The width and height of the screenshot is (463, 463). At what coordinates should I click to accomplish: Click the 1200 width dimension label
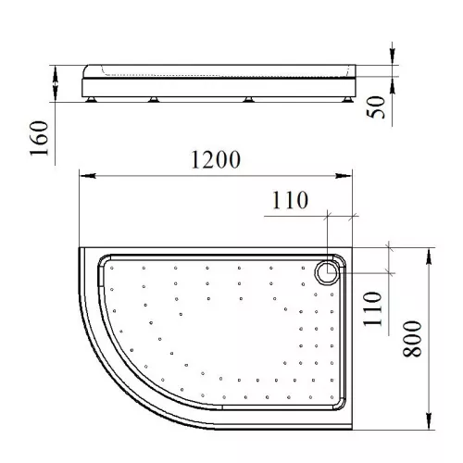pyautogui.click(x=216, y=159)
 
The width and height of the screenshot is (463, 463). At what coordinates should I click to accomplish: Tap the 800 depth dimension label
pyautogui.click(x=412, y=339)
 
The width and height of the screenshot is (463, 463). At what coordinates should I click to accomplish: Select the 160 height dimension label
pyautogui.click(x=39, y=138)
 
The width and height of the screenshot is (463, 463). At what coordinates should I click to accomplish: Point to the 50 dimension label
pyautogui.click(x=376, y=106)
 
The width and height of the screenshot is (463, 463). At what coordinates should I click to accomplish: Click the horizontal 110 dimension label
pyautogui.click(x=290, y=200)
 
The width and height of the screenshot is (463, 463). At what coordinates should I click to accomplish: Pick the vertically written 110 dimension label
pyautogui.click(x=372, y=308)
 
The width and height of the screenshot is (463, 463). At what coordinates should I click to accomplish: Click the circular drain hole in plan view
pyautogui.click(x=327, y=272)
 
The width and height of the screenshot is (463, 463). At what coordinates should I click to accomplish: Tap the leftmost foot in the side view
pyautogui.click(x=92, y=99)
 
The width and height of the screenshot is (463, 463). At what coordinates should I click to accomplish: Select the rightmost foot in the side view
pyautogui.click(x=347, y=99)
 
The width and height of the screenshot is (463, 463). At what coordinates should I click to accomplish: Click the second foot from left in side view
pyautogui.click(x=154, y=99)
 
